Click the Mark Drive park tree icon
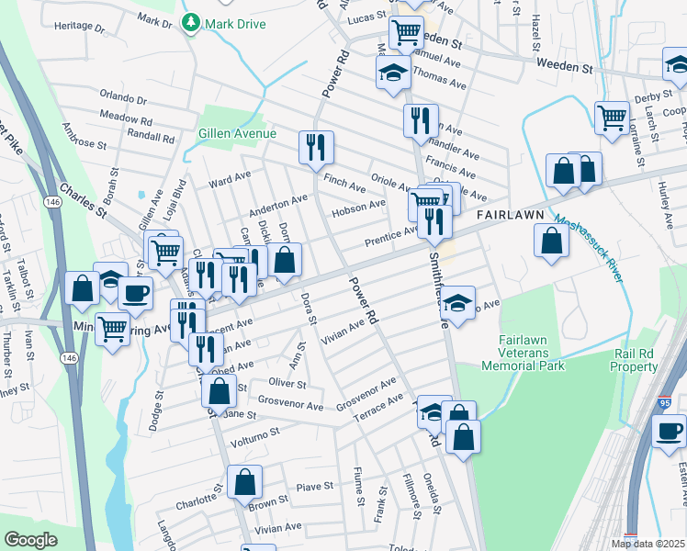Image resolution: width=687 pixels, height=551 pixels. [190, 22]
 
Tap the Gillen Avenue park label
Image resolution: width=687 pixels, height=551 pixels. [237, 134]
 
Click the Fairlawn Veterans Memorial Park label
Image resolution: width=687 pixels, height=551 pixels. [531, 353]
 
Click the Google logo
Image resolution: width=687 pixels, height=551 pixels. [30, 540]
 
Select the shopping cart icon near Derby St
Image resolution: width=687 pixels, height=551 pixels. [612, 117]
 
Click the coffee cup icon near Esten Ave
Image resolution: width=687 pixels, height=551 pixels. [669, 430]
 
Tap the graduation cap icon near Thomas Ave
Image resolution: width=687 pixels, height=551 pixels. [392, 72]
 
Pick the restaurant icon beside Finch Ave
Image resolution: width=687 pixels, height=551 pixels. [316, 145]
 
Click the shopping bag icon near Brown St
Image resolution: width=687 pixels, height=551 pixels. [244, 480]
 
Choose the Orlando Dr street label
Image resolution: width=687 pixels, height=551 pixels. [123, 98]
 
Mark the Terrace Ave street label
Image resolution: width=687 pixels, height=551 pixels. [380, 404]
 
